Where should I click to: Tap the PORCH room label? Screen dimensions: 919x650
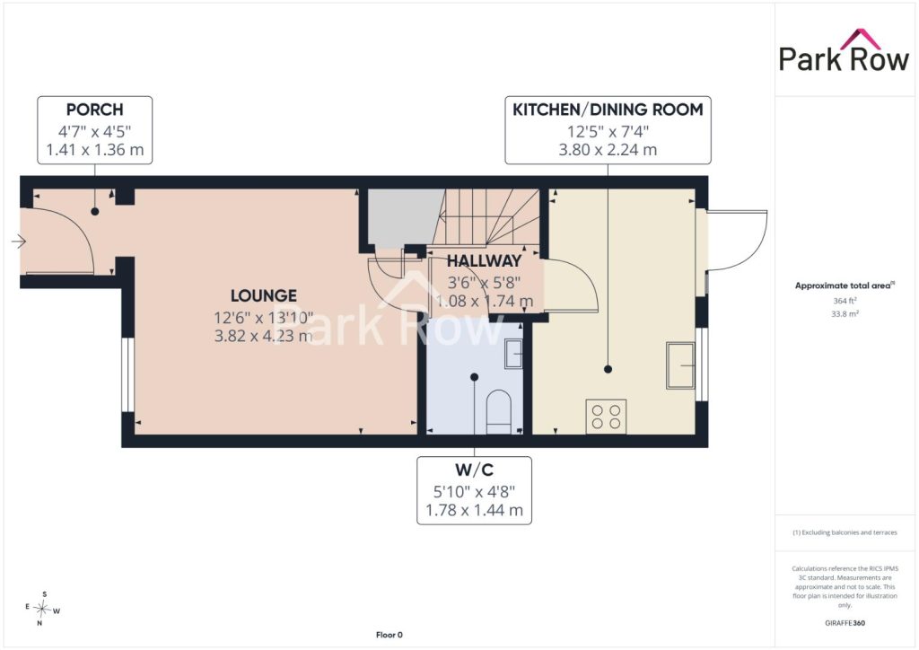95,110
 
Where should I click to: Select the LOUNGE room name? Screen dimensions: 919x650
264,296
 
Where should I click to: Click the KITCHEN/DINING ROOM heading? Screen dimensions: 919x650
608,110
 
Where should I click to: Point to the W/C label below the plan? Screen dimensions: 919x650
474,470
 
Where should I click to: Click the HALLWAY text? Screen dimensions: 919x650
484,261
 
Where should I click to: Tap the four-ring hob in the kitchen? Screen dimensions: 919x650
606,417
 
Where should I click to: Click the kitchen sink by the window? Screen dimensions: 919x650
680,365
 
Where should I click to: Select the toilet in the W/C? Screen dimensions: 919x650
499,411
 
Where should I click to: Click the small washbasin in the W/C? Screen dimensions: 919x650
513,354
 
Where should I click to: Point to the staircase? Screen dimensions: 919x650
488,217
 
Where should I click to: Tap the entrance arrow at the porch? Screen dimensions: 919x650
19,241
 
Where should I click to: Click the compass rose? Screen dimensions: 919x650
43,609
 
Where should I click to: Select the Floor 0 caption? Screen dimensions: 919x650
389,635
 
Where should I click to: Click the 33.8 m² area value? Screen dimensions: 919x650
845,313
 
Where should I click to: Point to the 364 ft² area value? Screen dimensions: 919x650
845,301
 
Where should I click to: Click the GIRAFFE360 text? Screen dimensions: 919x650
845,623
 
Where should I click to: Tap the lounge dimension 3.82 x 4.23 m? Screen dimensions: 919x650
263,336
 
